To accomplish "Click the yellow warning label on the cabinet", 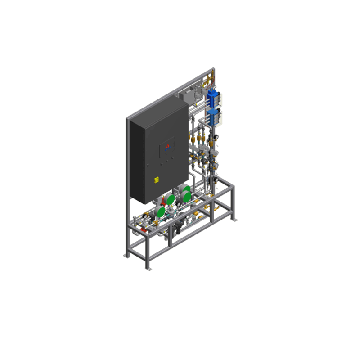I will click(156, 180).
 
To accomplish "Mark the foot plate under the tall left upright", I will click(126, 256).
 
